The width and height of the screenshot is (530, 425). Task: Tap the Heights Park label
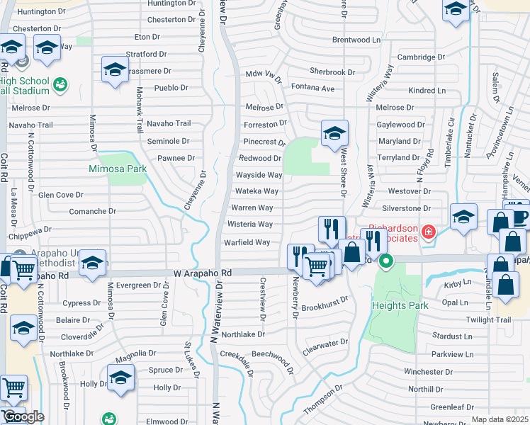[400, 305]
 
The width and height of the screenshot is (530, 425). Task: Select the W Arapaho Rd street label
[203, 273]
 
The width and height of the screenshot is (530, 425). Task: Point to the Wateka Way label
[257, 191]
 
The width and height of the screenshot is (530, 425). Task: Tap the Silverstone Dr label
[407, 209]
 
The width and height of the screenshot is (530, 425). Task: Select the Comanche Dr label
[93, 211]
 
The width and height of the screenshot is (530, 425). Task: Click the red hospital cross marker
[428, 232]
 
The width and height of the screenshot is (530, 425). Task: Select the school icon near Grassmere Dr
[115, 70]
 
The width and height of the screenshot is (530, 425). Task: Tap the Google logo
[23, 417]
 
